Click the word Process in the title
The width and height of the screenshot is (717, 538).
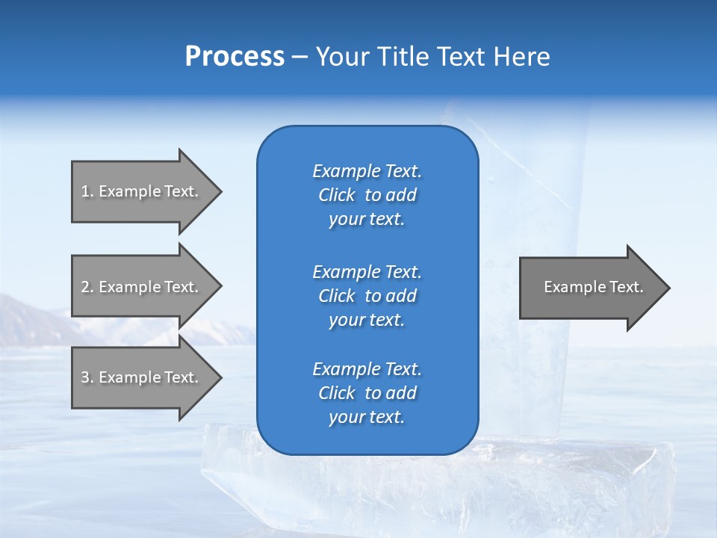[235, 57]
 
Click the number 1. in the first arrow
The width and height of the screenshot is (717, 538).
[87, 191]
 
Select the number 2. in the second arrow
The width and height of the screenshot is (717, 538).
[87, 287]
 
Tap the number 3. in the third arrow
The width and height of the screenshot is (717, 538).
[87, 377]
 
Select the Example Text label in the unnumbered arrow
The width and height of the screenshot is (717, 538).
[593, 287]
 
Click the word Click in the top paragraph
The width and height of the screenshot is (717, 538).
[336, 195]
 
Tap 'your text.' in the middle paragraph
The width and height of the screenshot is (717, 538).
[366, 320]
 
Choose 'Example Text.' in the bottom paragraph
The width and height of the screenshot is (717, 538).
[367, 369]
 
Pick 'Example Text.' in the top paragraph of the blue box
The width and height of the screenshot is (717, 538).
[367, 171]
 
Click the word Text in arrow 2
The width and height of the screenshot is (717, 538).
[181, 287]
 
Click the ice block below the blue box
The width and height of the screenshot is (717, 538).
[433, 486]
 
